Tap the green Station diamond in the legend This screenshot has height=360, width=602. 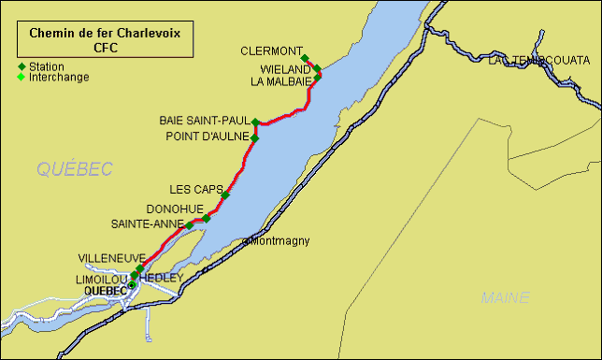[21, 67]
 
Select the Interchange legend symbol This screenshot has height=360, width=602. [21, 78]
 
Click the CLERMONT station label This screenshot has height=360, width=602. [271, 50]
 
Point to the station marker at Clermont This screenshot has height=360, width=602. [305, 58]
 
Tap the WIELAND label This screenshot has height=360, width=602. [284, 69]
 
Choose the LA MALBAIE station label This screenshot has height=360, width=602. [280, 81]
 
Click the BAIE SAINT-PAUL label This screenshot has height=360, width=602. [204, 122]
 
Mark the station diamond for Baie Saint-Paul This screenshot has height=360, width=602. [254, 122]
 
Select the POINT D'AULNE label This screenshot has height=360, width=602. [208, 137]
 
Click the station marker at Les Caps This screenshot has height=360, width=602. [225, 195]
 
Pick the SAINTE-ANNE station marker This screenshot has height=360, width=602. [190, 225]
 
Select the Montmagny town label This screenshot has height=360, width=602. [279, 241]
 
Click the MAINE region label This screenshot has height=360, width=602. [505, 298]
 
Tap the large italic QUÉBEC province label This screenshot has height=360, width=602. [75, 169]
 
